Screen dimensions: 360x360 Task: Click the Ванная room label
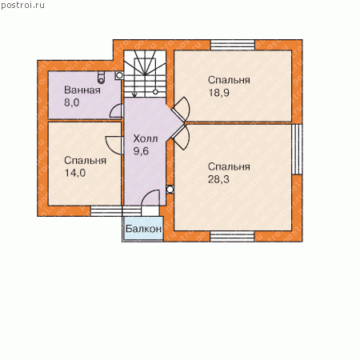click(x=82, y=90)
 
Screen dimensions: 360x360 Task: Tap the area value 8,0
click(x=72, y=102)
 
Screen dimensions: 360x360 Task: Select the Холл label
click(x=146, y=138)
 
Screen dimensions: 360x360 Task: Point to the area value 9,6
click(x=141, y=151)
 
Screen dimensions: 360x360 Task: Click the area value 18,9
click(x=218, y=93)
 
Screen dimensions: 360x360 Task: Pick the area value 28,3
click(x=218, y=179)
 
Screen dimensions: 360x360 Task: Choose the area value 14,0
click(x=75, y=173)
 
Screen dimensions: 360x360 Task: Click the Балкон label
click(x=143, y=229)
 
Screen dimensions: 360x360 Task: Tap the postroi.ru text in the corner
click(x=22, y=6)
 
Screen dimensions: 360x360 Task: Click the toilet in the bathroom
click(x=101, y=77)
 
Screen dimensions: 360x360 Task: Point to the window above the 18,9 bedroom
click(x=233, y=45)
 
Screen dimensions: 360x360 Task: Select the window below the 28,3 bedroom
click(x=232, y=237)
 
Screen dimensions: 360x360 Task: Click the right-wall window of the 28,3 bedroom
click(x=297, y=150)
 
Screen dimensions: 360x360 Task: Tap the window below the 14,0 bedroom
click(x=116, y=211)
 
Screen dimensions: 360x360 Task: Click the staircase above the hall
click(x=145, y=74)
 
